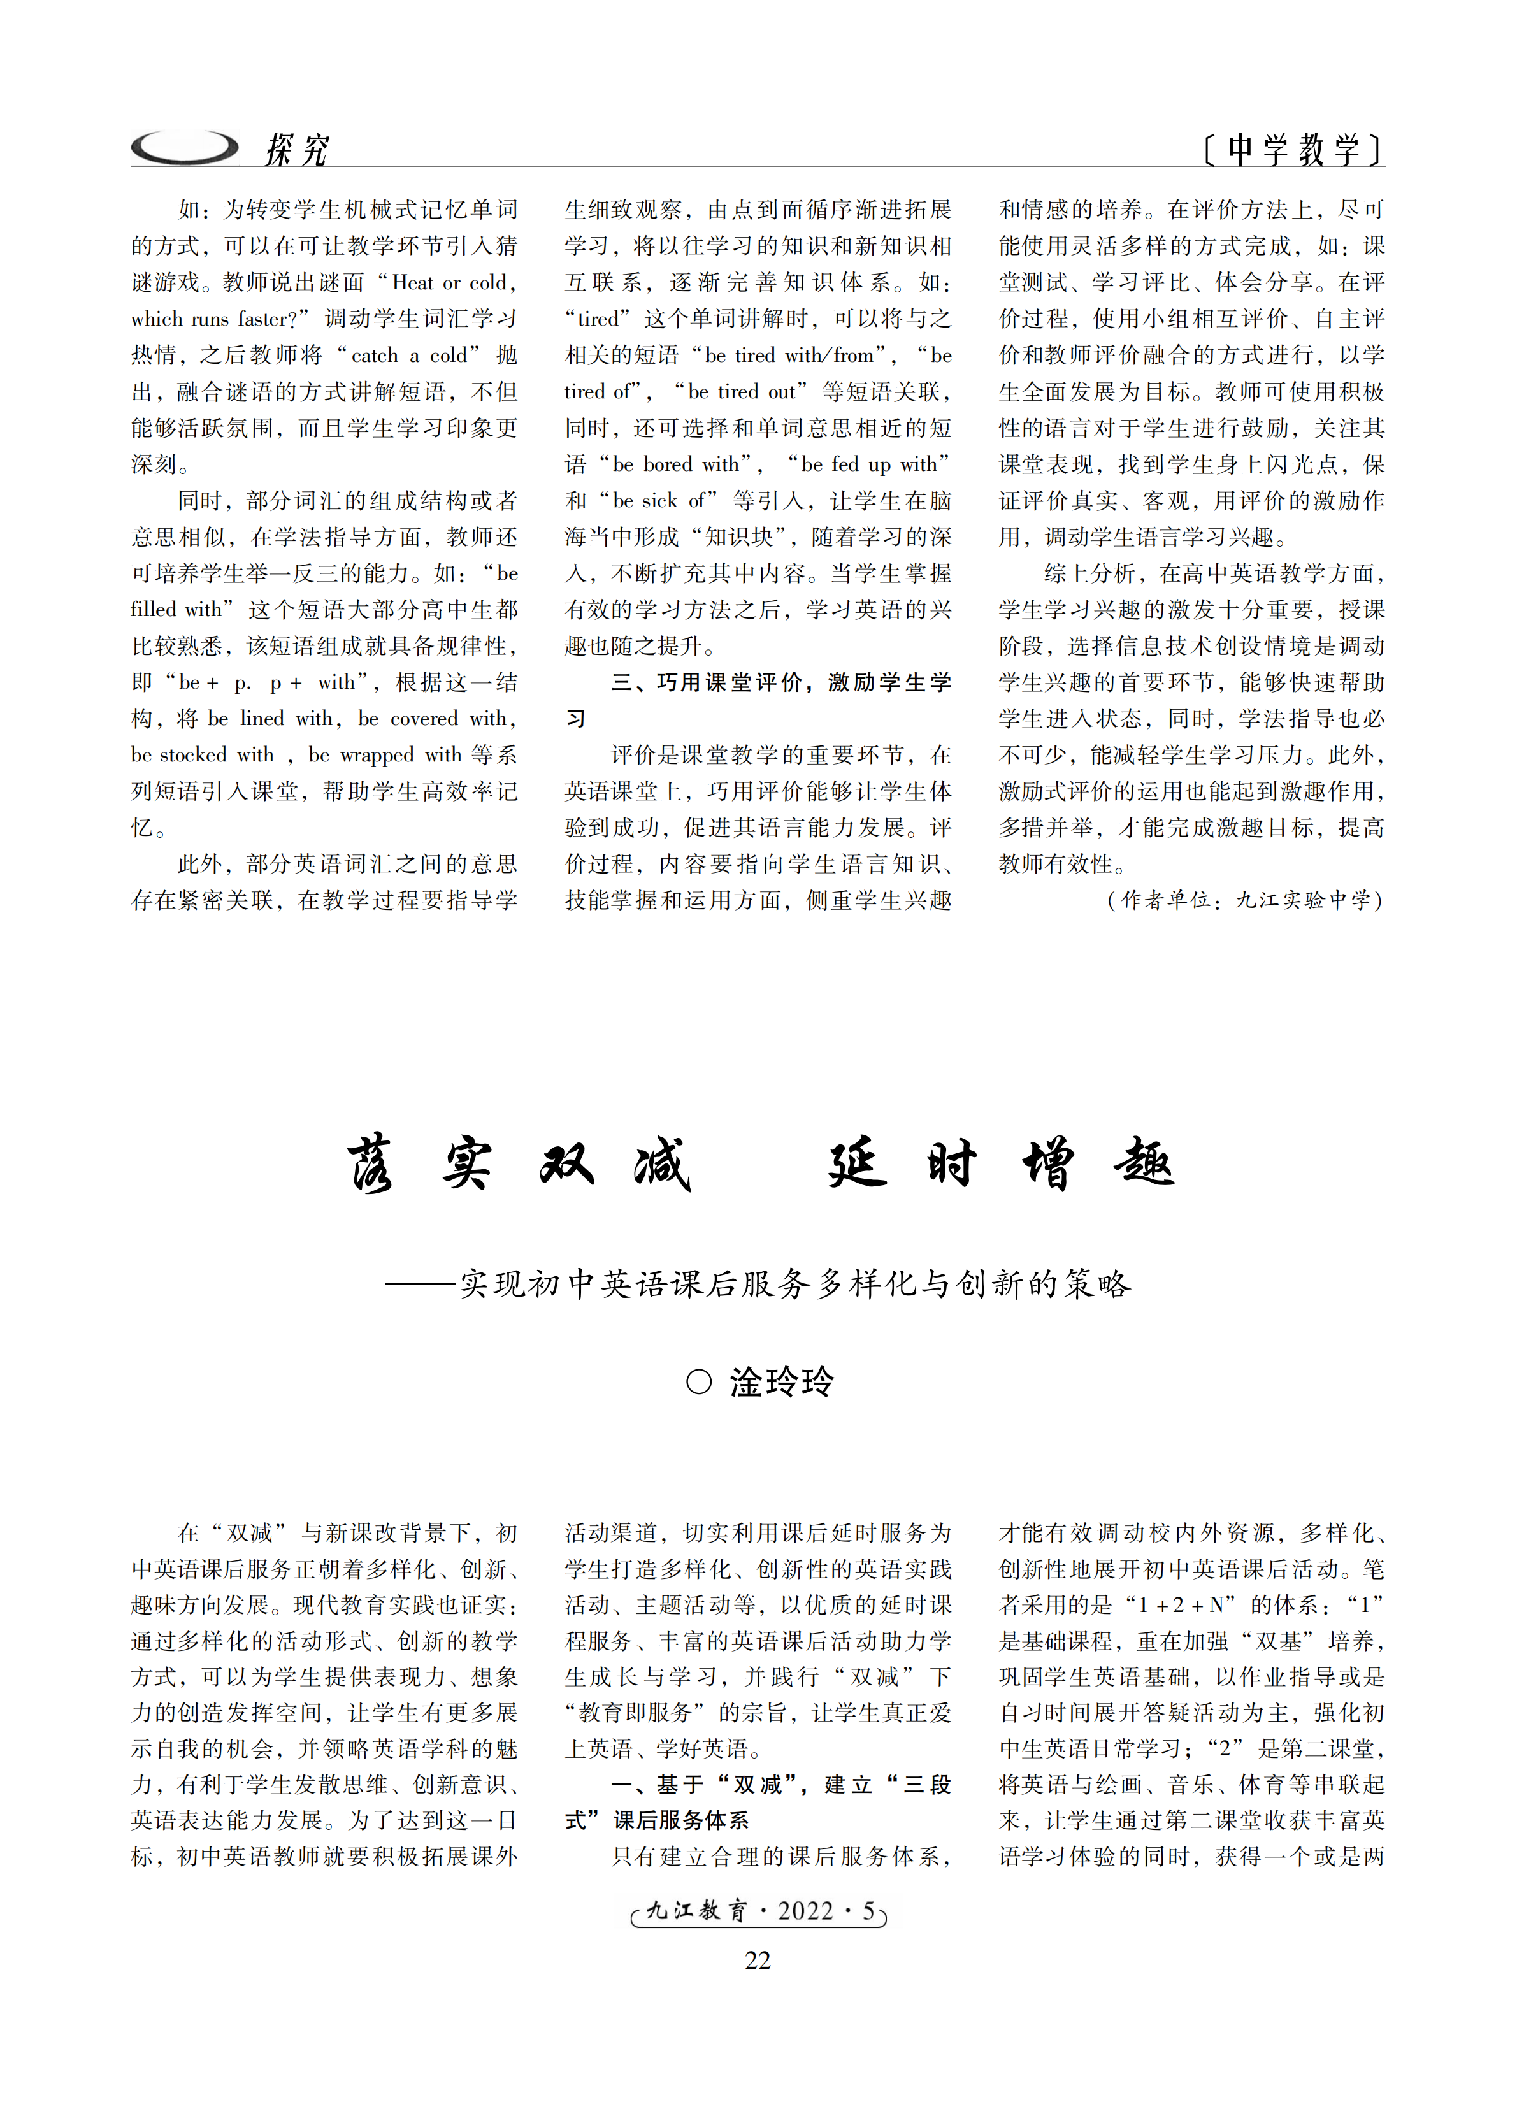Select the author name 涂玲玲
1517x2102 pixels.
(x=781, y=1382)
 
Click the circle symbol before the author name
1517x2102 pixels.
(x=699, y=1382)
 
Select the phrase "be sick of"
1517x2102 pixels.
(x=659, y=500)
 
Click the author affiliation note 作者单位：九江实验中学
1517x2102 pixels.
(x=1244, y=900)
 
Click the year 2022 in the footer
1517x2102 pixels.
(x=805, y=1911)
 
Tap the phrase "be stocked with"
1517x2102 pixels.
(x=202, y=755)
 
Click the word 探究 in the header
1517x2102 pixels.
(x=296, y=148)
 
